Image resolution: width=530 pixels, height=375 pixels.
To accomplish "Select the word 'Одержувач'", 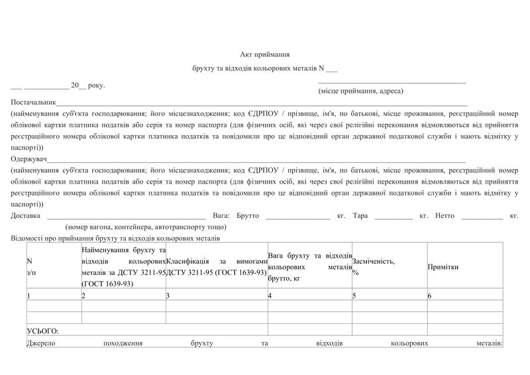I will [x=27, y=160].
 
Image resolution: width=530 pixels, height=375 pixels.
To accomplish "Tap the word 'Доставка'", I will [x=26, y=216].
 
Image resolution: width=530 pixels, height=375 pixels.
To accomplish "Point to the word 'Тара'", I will [x=360, y=216].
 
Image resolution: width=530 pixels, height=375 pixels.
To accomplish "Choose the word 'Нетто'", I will [x=445, y=216].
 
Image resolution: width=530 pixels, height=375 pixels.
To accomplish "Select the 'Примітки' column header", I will [x=443, y=266].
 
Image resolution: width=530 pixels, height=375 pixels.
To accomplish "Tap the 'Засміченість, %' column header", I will [x=374, y=266].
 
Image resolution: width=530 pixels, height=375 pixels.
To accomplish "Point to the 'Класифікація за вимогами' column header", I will [x=217, y=266].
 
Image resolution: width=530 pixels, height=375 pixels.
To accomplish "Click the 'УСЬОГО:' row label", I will [x=43, y=330].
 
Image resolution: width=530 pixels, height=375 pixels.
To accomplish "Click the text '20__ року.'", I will [x=87, y=85].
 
